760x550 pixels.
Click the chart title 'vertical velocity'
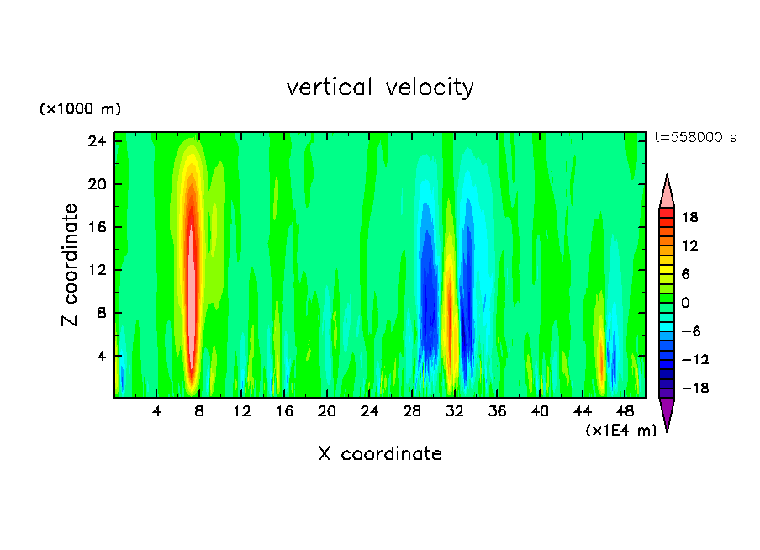click(380, 87)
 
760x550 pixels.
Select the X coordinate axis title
click(380, 454)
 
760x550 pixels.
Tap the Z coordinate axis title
click(70, 265)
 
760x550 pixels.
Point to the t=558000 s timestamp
click(694, 138)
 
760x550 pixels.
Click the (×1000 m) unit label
click(80, 109)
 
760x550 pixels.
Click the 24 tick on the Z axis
click(96, 141)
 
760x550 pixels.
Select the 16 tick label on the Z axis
click(96, 227)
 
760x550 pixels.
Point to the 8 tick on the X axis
click(199, 412)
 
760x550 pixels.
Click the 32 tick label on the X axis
click(455, 412)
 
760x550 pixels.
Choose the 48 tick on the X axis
click(625, 412)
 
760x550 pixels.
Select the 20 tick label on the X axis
click(327, 412)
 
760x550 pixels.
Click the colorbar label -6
click(691, 331)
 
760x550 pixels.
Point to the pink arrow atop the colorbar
click(667, 190)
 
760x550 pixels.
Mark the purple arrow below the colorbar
click(667, 415)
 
